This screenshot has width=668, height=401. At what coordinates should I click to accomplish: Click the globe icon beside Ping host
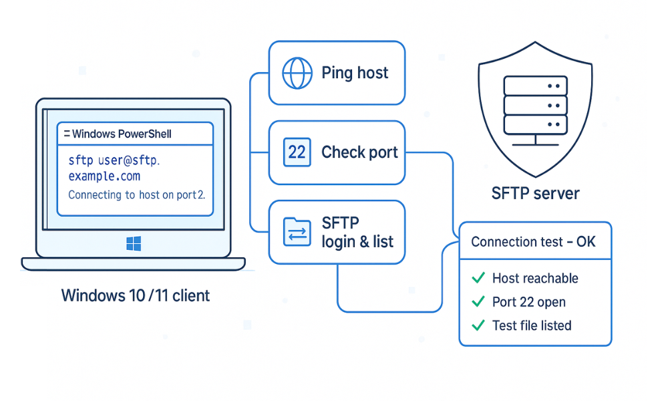[297, 73]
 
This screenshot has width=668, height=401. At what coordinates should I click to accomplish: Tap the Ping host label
[355, 73]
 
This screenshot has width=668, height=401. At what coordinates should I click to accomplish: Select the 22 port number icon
[297, 152]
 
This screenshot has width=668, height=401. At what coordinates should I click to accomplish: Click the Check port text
[359, 152]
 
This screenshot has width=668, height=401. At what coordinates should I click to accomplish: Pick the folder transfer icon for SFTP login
[297, 232]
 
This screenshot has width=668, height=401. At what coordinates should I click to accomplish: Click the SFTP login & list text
[357, 232]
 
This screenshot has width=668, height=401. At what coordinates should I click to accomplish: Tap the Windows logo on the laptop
[134, 244]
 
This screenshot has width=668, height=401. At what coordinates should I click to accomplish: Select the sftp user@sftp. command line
[115, 160]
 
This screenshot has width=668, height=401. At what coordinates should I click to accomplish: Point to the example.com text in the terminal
[104, 176]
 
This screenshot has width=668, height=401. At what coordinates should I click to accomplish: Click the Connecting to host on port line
[137, 195]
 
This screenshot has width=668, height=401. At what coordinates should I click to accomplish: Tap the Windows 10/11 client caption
[136, 295]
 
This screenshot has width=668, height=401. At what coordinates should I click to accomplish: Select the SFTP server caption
[535, 194]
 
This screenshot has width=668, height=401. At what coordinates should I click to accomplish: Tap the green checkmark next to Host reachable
[478, 278]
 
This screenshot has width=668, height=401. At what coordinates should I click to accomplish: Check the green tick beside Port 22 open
[478, 302]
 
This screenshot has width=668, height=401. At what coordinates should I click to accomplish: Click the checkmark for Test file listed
[478, 325]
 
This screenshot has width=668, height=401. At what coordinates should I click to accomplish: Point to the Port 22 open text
[529, 302]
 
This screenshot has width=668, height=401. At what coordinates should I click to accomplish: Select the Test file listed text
[532, 325]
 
